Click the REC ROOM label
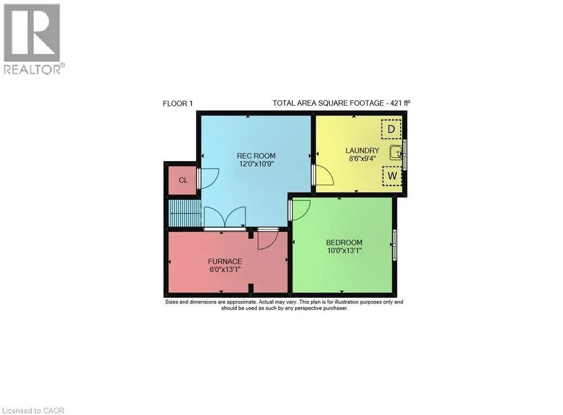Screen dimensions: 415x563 click(x=256, y=156)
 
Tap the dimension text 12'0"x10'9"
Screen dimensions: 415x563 click(x=256, y=164)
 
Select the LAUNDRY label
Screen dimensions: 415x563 click(x=362, y=150)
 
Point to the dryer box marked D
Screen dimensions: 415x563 click(x=391, y=130)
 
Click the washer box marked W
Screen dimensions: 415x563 click(x=392, y=176)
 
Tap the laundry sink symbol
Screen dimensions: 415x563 click(x=397, y=152)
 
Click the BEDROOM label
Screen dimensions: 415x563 click(x=344, y=243)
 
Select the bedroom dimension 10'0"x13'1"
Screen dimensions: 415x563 click(x=344, y=251)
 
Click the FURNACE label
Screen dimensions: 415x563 click(x=225, y=261)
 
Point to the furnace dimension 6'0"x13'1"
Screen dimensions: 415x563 click(x=225, y=269)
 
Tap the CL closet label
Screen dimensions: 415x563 click(x=183, y=180)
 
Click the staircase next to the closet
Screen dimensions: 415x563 click(x=185, y=213)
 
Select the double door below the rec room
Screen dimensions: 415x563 click(x=224, y=218)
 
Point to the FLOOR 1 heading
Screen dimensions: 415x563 click(x=178, y=103)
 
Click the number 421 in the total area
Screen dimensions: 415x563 click(x=394, y=103)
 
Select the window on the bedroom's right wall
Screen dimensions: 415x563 click(x=395, y=244)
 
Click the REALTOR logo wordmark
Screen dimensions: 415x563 click(x=34, y=69)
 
